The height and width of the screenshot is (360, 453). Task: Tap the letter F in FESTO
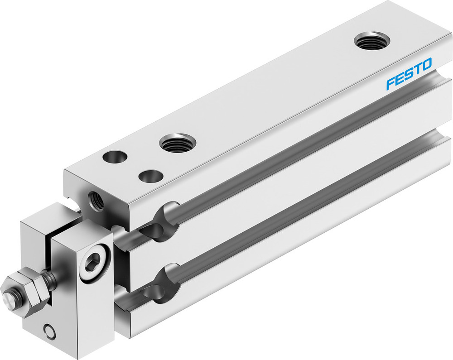tap(390, 84)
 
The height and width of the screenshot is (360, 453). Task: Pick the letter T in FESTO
tap(417, 69)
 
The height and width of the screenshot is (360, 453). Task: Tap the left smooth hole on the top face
tap(115, 157)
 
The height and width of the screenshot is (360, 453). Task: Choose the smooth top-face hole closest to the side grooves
tap(151, 176)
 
